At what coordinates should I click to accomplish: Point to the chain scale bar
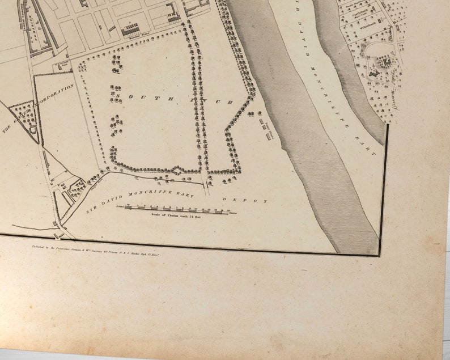[176, 208]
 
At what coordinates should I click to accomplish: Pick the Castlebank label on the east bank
[363, 18]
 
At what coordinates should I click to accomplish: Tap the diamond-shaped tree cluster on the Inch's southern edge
[178, 170]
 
